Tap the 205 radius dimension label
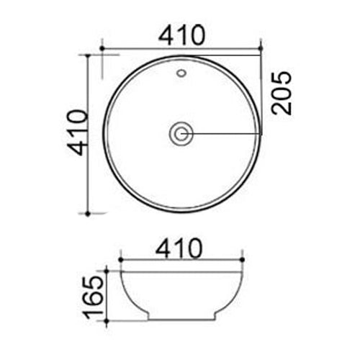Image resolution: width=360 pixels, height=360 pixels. [x=282, y=93]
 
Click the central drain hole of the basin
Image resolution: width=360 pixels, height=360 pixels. [x=181, y=133]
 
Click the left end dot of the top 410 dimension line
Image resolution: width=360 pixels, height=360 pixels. [x=103, y=49]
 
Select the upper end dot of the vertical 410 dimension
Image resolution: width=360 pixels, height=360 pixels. [x=88, y=55]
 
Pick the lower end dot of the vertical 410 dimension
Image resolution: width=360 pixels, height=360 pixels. [x=88, y=213]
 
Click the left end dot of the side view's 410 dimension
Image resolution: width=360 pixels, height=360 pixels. [x=120, y=259]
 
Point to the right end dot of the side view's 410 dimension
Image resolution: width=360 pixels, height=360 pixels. [x=243, y=259]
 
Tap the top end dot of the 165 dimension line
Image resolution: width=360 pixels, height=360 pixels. [x=107, y=271]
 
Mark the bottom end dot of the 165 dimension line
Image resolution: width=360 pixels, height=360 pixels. [x=107, y=320]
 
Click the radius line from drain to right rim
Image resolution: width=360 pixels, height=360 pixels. [x=227, y=133]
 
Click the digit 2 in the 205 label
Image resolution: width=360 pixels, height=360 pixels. [x=282, y=107]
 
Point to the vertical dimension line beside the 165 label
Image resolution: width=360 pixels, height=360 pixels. [x=107, y=295]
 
